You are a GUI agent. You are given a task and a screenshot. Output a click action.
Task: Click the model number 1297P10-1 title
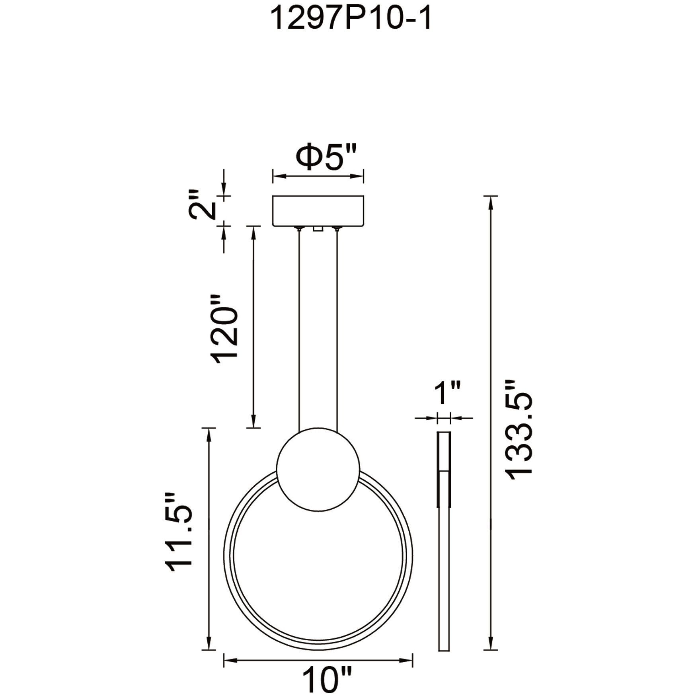click(x=351, y=19)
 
